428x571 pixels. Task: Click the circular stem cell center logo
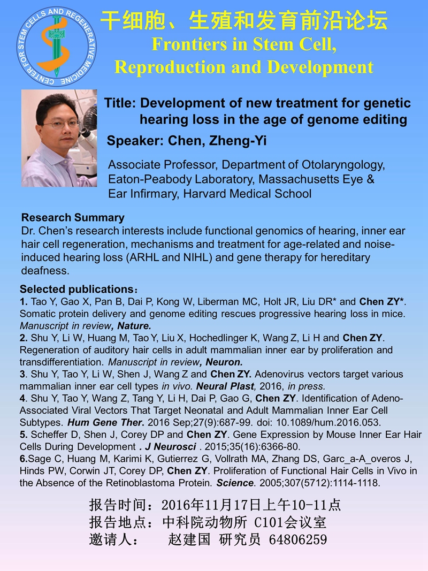pyautogui.click(x=56, y=47)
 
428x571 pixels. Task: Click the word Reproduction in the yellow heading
pyautogui.click(x=169, y=67)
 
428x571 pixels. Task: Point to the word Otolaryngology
pyautogui.click(x=343, y=165)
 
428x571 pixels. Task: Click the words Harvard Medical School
pyautogui.click(x=247, y=193)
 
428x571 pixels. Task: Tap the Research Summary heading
pyautogui.click(x=73, y=217)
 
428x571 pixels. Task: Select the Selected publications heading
pyautogui.click(x=79, y=289)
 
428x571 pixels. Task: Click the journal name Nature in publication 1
pyautogui.click(x=134, y=325)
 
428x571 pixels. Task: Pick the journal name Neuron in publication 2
pyautogui.click(x=224, y=362)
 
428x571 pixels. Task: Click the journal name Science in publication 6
pyautogui.click(x=235, y=483)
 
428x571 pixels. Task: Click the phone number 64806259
pyautogui.click(x=297, y=539)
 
